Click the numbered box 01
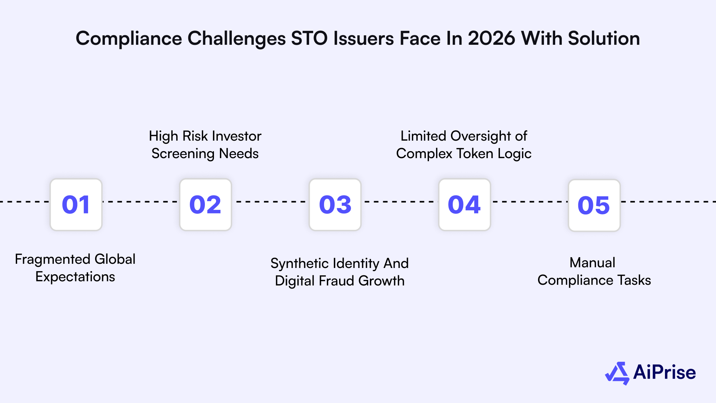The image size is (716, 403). click(x=76, y=205)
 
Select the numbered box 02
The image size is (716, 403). click(x=206, y=205)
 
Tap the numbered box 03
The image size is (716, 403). click(x=335, y=205)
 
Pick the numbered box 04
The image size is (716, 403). click(x=464, y=205)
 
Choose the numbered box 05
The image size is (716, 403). click(x=594, y=205)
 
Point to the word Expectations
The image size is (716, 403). click(x=75, y=277)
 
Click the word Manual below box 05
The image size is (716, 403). click(x=592, y=263)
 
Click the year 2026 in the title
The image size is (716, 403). click(x=491, y=38)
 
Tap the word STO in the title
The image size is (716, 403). click(x=309, y=38)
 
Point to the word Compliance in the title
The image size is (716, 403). click(x=128, y=38)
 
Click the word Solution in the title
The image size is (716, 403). click(x=604, y=38)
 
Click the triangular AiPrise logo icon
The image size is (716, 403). click(x=617, y=373)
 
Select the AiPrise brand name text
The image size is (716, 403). click(x=664, y=372)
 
